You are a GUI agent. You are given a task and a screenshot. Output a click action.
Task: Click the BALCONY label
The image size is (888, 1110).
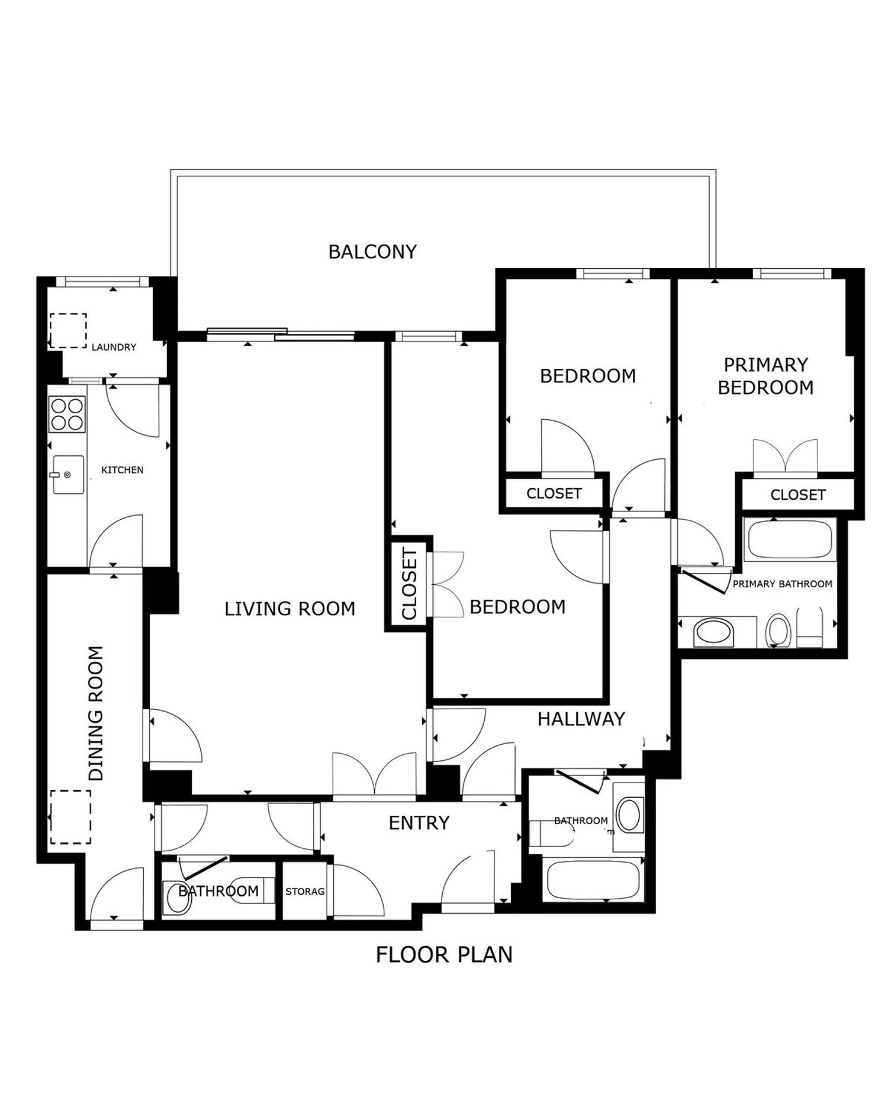coord(372,252)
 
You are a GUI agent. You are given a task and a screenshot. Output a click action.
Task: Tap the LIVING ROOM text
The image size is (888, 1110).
coord(290,609)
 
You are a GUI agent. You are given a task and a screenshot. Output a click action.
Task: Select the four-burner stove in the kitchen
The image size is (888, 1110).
coord(67,414)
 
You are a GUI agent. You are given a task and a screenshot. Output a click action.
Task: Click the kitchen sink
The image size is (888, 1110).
coord(68,474)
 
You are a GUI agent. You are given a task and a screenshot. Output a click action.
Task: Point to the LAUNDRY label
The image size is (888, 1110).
coord(114,347)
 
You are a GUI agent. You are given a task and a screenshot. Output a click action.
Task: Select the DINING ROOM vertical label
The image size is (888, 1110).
coord(96,713)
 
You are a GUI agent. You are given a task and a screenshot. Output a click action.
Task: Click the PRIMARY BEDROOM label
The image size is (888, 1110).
coord(765,376)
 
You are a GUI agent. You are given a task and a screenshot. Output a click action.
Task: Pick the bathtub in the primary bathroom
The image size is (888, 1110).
coord(790,539)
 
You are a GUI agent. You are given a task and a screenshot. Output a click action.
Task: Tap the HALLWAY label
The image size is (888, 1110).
coord(581,719)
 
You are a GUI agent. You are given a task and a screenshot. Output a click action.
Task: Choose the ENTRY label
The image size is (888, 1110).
coord(419,822)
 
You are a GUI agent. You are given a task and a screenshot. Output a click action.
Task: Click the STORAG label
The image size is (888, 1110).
coord(305,891)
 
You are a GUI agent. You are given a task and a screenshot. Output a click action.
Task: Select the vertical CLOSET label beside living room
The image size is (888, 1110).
coord(410,584)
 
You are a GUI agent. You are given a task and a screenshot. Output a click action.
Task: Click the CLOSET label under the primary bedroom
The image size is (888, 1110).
coord(798,494)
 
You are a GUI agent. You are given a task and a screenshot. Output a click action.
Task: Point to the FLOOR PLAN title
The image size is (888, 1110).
coord(444,954)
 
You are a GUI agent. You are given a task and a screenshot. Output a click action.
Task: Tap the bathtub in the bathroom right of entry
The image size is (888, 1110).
coord(594,880)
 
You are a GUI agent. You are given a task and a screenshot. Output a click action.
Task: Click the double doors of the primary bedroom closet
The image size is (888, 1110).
coord(785,456)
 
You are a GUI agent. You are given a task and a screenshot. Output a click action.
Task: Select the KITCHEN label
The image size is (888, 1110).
coord(123,469)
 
